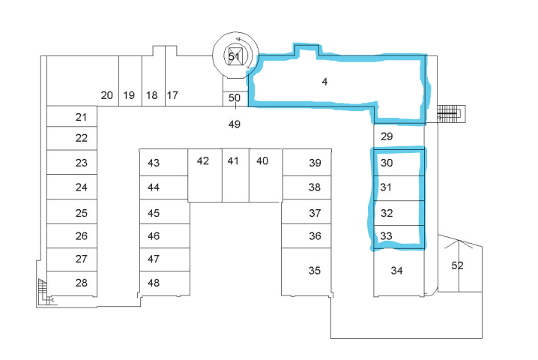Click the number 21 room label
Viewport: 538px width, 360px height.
(x=82, y=117)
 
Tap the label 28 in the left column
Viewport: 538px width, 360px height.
(x=82, y=282)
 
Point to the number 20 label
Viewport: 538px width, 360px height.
(x=107, y=95)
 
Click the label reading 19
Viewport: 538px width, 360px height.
(x=129, y=95)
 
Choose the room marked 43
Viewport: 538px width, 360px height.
(x=154, y=163)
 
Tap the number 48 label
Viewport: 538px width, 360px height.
(x=154, y=283)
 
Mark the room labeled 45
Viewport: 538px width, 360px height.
(x=154, y=212)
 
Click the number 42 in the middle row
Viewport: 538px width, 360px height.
(x=202, y=160)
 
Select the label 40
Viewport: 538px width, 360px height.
(x=262, y=160)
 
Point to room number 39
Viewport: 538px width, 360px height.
(x=315, y=163)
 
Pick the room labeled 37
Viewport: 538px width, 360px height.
(x=315, y=212)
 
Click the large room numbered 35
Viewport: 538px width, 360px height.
(x=315, y=269)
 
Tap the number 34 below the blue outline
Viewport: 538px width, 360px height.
(x=398, y=271)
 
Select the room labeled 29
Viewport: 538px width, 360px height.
(x=387, y=136)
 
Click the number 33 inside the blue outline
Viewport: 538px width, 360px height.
(x=387, y=236)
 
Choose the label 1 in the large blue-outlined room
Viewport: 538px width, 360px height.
(x=324, y=82)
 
